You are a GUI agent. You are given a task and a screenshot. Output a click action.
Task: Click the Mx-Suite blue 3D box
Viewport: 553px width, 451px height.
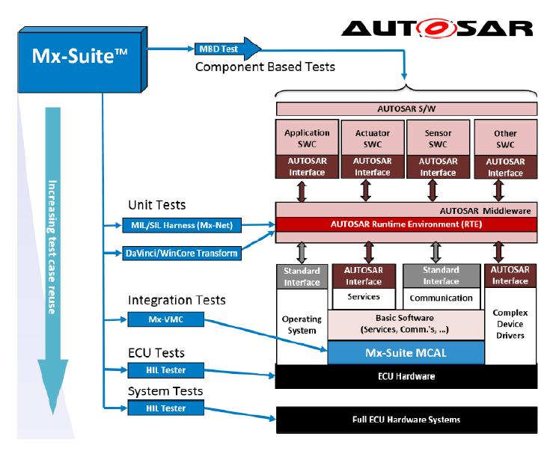tap(82, 60)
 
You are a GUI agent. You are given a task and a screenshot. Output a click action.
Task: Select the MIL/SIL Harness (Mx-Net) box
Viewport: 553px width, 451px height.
tap(182, 225)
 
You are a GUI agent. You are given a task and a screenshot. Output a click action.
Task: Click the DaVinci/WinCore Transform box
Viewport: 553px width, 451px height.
tap(182, 254)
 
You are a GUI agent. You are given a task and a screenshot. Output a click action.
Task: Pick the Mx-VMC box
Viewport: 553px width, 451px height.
tap(166, 319)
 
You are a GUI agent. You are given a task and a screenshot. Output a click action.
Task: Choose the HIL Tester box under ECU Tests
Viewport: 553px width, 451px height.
tap(166, 370)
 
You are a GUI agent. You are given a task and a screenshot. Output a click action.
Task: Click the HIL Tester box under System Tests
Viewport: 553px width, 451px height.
tap(166, 408)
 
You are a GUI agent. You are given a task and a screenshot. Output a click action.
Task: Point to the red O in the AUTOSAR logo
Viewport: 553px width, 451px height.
tap(437, 28)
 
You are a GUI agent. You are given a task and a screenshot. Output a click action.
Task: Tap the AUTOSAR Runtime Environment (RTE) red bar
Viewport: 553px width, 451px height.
tap(406, 224)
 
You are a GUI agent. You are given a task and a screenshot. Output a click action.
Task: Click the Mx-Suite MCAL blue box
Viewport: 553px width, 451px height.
tap(406, 352)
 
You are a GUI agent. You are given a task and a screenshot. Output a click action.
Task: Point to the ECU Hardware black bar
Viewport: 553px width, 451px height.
tap(406, 376)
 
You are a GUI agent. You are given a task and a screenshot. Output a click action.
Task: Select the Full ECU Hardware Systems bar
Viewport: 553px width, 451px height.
tap(406, 420)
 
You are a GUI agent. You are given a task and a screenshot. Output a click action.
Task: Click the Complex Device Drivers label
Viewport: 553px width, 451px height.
tap(510, 324)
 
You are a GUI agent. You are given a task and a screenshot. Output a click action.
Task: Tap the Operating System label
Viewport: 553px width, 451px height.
tap(302, 325)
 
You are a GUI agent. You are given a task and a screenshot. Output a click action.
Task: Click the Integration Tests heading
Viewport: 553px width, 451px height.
tap(177, 300)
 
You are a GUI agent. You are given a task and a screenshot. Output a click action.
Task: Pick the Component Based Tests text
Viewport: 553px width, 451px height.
tap(265, 67)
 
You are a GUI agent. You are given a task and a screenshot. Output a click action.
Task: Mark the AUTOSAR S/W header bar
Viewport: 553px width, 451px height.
tap(406, 109)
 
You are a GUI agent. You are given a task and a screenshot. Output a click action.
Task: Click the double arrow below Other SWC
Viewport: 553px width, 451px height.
tap(498, 191)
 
